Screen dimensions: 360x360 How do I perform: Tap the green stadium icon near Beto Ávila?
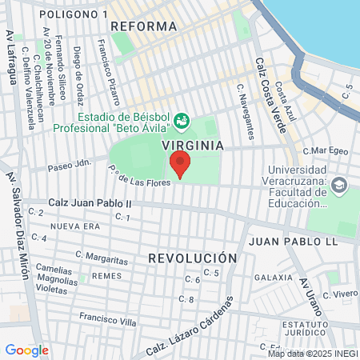click(182, 120)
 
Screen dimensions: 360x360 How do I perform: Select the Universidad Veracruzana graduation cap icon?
click(339, 185)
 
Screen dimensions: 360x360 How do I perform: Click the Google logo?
click(26, 350)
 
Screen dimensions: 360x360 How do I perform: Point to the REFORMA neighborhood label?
click(144, 26)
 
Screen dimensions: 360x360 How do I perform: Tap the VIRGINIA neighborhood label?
click(192, 146)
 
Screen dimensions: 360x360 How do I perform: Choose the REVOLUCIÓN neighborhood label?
click(193, 258)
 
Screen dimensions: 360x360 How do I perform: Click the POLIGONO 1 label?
click(73, 14)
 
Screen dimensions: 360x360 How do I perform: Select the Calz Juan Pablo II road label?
click(90, 204)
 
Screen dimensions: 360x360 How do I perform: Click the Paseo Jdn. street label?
click(70, 167)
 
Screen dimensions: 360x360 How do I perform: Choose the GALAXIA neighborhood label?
click(273, 277)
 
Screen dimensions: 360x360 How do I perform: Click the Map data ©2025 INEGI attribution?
click(312, 354)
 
